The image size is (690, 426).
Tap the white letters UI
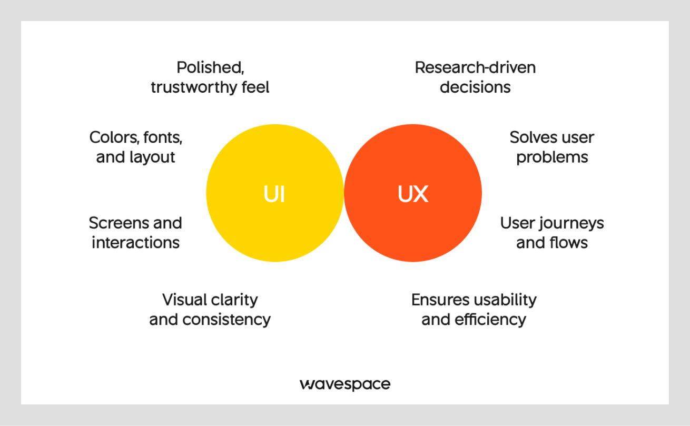point(274,194)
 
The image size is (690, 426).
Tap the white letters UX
point(413,194)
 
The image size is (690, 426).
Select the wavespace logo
point(345,384)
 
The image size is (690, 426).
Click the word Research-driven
point(475,67)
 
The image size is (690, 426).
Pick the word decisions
point(475,87)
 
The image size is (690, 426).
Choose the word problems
point(552,157)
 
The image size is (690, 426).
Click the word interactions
point(135,242)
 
